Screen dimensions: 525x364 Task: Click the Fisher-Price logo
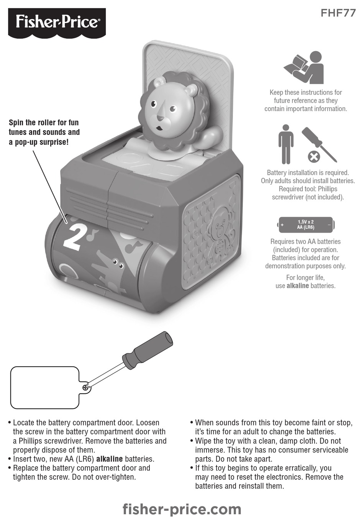point(57,22)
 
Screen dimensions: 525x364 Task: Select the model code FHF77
point(338,13)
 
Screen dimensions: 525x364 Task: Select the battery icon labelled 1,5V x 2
point(305,225)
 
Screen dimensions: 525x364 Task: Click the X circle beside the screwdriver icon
point(314,156)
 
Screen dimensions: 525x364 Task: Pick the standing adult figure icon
point(286,144)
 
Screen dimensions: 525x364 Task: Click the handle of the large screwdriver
point(149,348)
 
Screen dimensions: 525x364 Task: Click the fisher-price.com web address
point(182,509)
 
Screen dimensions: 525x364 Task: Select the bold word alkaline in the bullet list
point(109,459)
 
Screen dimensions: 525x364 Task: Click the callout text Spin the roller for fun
point(44,123)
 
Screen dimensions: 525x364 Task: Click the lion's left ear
point(159,82)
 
